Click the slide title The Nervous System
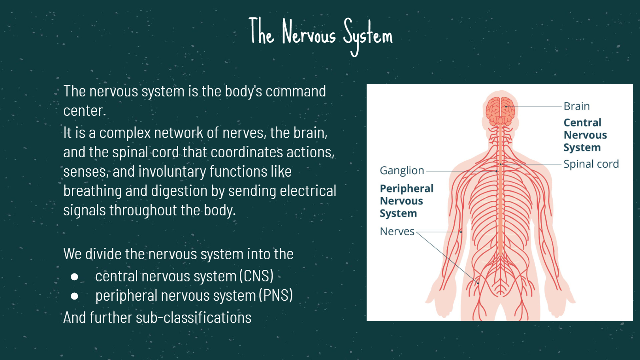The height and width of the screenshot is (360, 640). pyautogui.click(x=321, y=36)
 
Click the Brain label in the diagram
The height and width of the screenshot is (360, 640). pyautogui.click(x=576, y=106)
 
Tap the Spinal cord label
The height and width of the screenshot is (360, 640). pyautogui.click(x=591, y=164)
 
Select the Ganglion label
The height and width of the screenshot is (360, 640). pyautogui.click(x=402, y=171)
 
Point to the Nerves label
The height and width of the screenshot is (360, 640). pyautogui.click(x=397, y=232)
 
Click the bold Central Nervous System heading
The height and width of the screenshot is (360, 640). pyautogui.click(x=585, y=135)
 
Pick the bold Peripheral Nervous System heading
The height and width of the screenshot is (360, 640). pyautogui.click(x=407, y=201)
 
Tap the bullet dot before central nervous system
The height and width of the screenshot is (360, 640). pyautogui.click(x=74, y=277)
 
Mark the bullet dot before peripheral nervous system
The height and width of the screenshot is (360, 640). pyautogui.click(x=74, y=296)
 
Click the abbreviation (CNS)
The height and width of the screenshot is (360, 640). pyautogui.click(x=256, y=276)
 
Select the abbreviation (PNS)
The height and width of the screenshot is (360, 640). pyautogui.click(x=276, y=296)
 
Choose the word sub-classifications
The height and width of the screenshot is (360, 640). pyautogui.click(x=194, y=318)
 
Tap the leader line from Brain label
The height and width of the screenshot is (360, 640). pyautogui.click(x=533, y=107)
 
